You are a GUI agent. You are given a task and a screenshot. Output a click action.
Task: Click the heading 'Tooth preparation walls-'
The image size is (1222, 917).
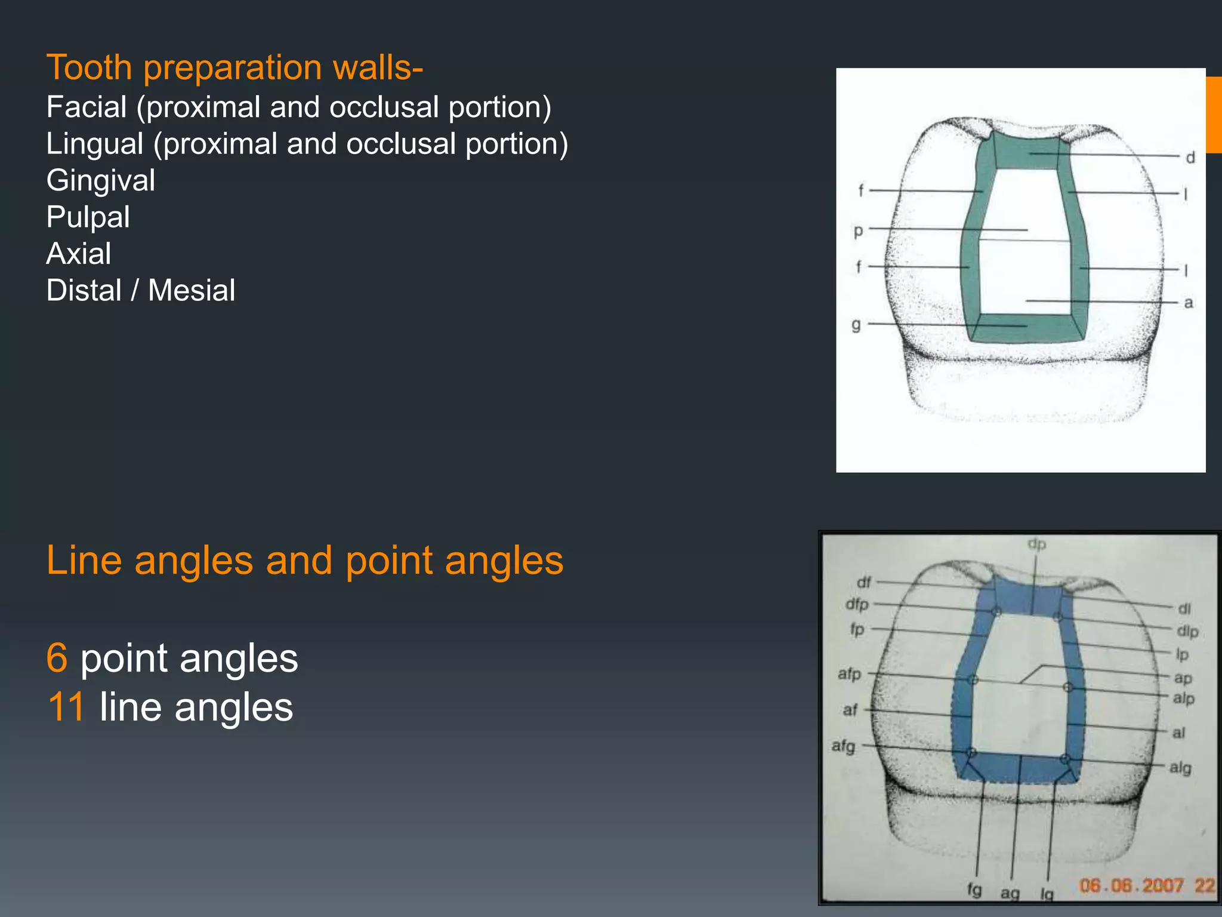234,67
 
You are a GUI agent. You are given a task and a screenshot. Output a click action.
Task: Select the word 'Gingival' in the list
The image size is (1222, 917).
101,180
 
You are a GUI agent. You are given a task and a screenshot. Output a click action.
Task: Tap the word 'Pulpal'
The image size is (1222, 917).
88,217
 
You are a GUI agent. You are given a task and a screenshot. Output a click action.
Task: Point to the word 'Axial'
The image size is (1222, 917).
79,254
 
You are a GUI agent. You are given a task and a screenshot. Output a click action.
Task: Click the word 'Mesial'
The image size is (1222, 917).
192,291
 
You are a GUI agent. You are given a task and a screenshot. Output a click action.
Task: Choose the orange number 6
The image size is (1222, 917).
57,658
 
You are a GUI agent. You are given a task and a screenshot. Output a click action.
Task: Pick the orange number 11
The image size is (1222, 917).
66,707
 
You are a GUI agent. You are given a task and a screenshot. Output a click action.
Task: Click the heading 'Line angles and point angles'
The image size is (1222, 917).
304,560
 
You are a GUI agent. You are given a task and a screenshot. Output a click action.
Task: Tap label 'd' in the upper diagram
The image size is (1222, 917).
1190,158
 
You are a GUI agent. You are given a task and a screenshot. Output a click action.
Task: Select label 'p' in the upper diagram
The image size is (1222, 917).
858,230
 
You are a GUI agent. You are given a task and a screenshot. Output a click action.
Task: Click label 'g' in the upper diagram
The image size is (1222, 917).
856,325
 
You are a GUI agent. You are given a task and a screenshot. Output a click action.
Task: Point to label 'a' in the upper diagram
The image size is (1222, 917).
1188,303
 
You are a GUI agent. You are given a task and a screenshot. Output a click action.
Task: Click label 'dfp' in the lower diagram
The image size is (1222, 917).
857,604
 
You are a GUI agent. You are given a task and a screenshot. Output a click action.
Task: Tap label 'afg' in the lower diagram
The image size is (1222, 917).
843,746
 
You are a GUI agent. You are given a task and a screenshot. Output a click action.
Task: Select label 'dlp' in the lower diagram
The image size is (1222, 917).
1187,631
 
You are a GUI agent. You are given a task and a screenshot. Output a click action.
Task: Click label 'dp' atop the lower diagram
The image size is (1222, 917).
1036,544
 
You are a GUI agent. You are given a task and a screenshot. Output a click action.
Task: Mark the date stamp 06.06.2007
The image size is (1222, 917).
1131,885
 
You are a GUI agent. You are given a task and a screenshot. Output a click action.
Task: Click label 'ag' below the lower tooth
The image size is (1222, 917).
1010,893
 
